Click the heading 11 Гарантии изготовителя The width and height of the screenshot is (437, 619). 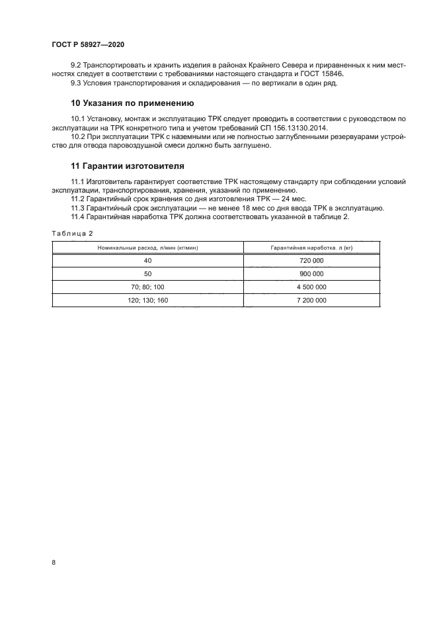[x=128, y=165]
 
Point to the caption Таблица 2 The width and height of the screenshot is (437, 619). [x=72, y=233]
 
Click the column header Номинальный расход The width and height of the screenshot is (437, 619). [x=148, y=247]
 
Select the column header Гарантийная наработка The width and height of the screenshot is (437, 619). [x=312, y=247]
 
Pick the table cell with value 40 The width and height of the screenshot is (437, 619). [x=148, y=261]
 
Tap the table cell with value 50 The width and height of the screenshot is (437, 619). [x=148, y=273]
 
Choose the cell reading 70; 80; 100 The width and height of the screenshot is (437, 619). [x=148, y=287]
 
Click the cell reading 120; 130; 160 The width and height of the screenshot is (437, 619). [x=148, y=300]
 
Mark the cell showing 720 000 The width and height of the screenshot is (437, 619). [x=312, y=261]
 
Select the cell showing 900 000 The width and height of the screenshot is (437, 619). [x=312, y=273]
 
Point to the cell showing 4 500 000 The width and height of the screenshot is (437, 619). [x=312, y=287]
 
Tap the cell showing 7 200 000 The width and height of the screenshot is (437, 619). [x=312, y=300]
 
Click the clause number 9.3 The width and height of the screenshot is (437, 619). [x=76, y=83]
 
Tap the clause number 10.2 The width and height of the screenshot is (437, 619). [x=77, y=136]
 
